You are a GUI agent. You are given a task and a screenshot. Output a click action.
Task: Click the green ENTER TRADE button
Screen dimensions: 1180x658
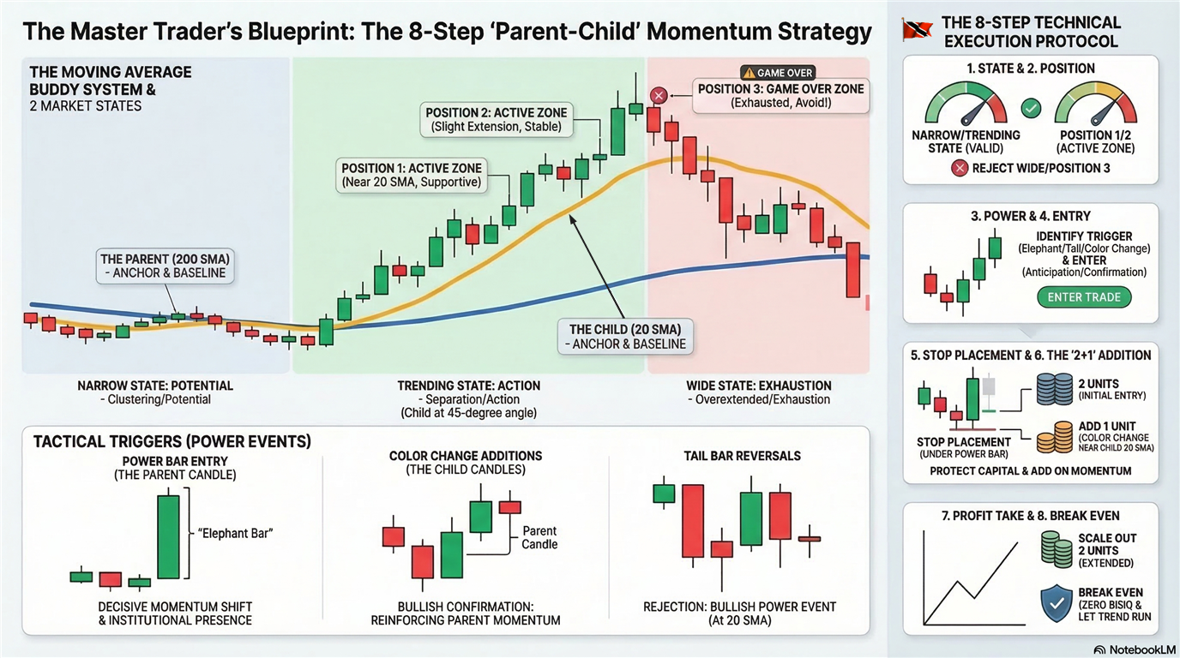pos(1084,297)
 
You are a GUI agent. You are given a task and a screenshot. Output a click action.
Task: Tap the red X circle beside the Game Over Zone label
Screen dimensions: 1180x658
pos(659,96)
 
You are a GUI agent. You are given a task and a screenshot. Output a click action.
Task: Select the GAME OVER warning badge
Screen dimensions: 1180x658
pos(778,73)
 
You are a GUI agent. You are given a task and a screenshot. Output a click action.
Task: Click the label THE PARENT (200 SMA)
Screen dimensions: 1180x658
pos(165,259)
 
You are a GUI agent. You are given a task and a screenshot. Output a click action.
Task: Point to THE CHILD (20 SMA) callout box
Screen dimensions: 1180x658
pos(625,337)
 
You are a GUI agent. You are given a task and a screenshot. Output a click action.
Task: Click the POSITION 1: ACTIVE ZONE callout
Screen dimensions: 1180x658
pos(412,176)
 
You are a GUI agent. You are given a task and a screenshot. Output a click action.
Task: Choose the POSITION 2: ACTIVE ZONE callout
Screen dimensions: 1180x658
pos(497,119)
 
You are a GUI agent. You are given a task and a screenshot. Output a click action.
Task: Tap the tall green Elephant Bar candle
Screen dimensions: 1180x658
pos(169,537)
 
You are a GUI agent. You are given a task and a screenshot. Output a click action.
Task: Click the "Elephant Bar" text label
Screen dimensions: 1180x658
pos(235,534)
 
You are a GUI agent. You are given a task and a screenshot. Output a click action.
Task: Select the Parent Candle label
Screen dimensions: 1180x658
pos(539,537)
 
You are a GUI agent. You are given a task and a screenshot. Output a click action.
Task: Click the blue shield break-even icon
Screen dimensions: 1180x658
pos(1057,603)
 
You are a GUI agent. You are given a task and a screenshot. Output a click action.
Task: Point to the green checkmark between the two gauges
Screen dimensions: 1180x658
pos(1031,109)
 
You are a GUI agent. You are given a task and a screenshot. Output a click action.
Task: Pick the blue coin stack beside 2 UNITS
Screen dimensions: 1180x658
pos(1054,389)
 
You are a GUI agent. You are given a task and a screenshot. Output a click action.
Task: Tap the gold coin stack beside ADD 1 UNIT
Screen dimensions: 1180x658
pos(1055,438)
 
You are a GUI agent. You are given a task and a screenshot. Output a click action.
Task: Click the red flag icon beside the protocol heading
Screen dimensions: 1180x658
pos(916,29)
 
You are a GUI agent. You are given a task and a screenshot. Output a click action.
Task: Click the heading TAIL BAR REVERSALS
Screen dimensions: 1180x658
pos(743,456)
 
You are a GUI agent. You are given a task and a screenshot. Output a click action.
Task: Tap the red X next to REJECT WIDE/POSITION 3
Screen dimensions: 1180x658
pos(960,169)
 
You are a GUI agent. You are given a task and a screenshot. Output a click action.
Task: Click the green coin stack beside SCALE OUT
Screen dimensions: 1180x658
pos(1057,549)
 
